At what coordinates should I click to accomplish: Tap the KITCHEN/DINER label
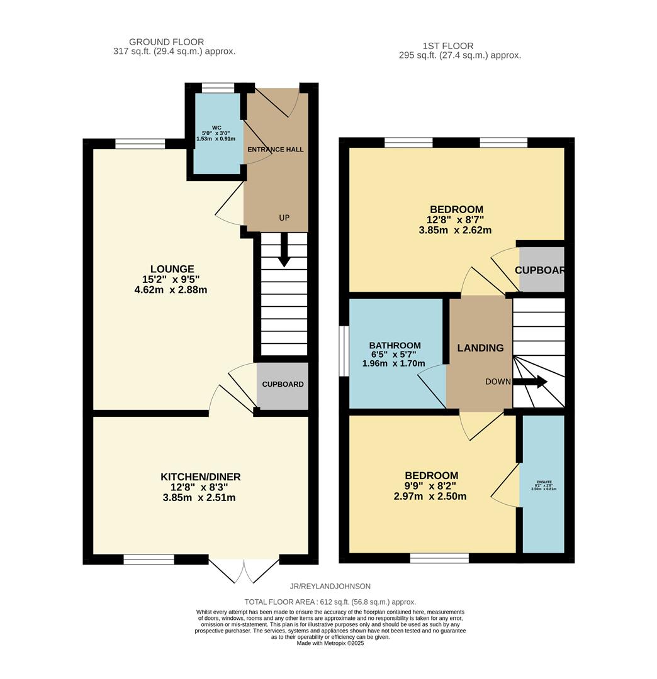click(200, 477)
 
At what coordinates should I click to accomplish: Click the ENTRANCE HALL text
click(276, 150)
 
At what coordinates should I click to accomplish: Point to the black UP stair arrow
click(284, 250)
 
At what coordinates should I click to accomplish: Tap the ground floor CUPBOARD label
click(283, 384)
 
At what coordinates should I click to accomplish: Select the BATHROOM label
click(395, 346)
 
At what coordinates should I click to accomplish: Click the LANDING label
click(480, 348)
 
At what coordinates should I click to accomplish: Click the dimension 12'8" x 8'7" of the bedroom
click(456, 220)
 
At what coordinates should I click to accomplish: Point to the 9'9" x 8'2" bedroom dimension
click(431, 486)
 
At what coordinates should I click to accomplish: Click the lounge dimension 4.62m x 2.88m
click(171, 290)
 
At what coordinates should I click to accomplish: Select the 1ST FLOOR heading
click(448, 46)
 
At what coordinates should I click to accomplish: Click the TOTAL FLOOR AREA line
click(330, 602)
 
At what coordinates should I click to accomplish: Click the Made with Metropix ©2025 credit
click(330, 643)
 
